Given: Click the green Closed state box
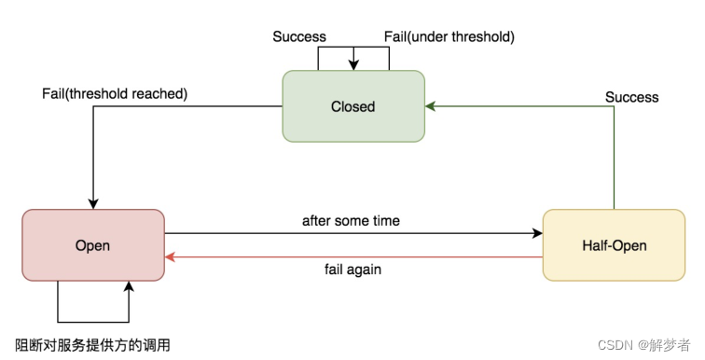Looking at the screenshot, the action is click(353, 106).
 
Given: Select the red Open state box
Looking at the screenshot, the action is click(93, 245).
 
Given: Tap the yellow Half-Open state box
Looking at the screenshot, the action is click(615, 245).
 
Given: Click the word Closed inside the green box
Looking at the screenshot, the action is click(352, 106).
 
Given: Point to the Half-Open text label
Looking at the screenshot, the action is click(615, 245).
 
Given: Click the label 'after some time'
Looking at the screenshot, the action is click(351, 221).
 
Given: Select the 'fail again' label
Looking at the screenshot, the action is click(352, 270).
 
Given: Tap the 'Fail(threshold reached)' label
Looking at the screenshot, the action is click(115, 93).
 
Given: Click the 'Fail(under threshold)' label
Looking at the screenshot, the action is click(449, 36).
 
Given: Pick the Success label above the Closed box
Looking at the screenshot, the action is click(299, 36).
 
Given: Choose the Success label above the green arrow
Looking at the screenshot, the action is click(631, 97).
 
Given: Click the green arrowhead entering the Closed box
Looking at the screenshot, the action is click(430, 106).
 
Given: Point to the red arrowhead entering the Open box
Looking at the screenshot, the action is click(171, 257).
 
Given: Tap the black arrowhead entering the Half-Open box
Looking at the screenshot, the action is click(537, 233).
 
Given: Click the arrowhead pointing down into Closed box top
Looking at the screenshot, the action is click(353, 65).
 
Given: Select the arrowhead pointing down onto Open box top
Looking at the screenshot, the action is click(93, 204).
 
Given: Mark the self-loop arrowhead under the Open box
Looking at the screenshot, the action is click(129, 286).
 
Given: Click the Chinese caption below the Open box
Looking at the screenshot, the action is click(92, 345).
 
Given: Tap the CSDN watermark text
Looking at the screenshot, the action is click(643, 345).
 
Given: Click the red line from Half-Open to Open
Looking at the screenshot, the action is click(353, 257).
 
